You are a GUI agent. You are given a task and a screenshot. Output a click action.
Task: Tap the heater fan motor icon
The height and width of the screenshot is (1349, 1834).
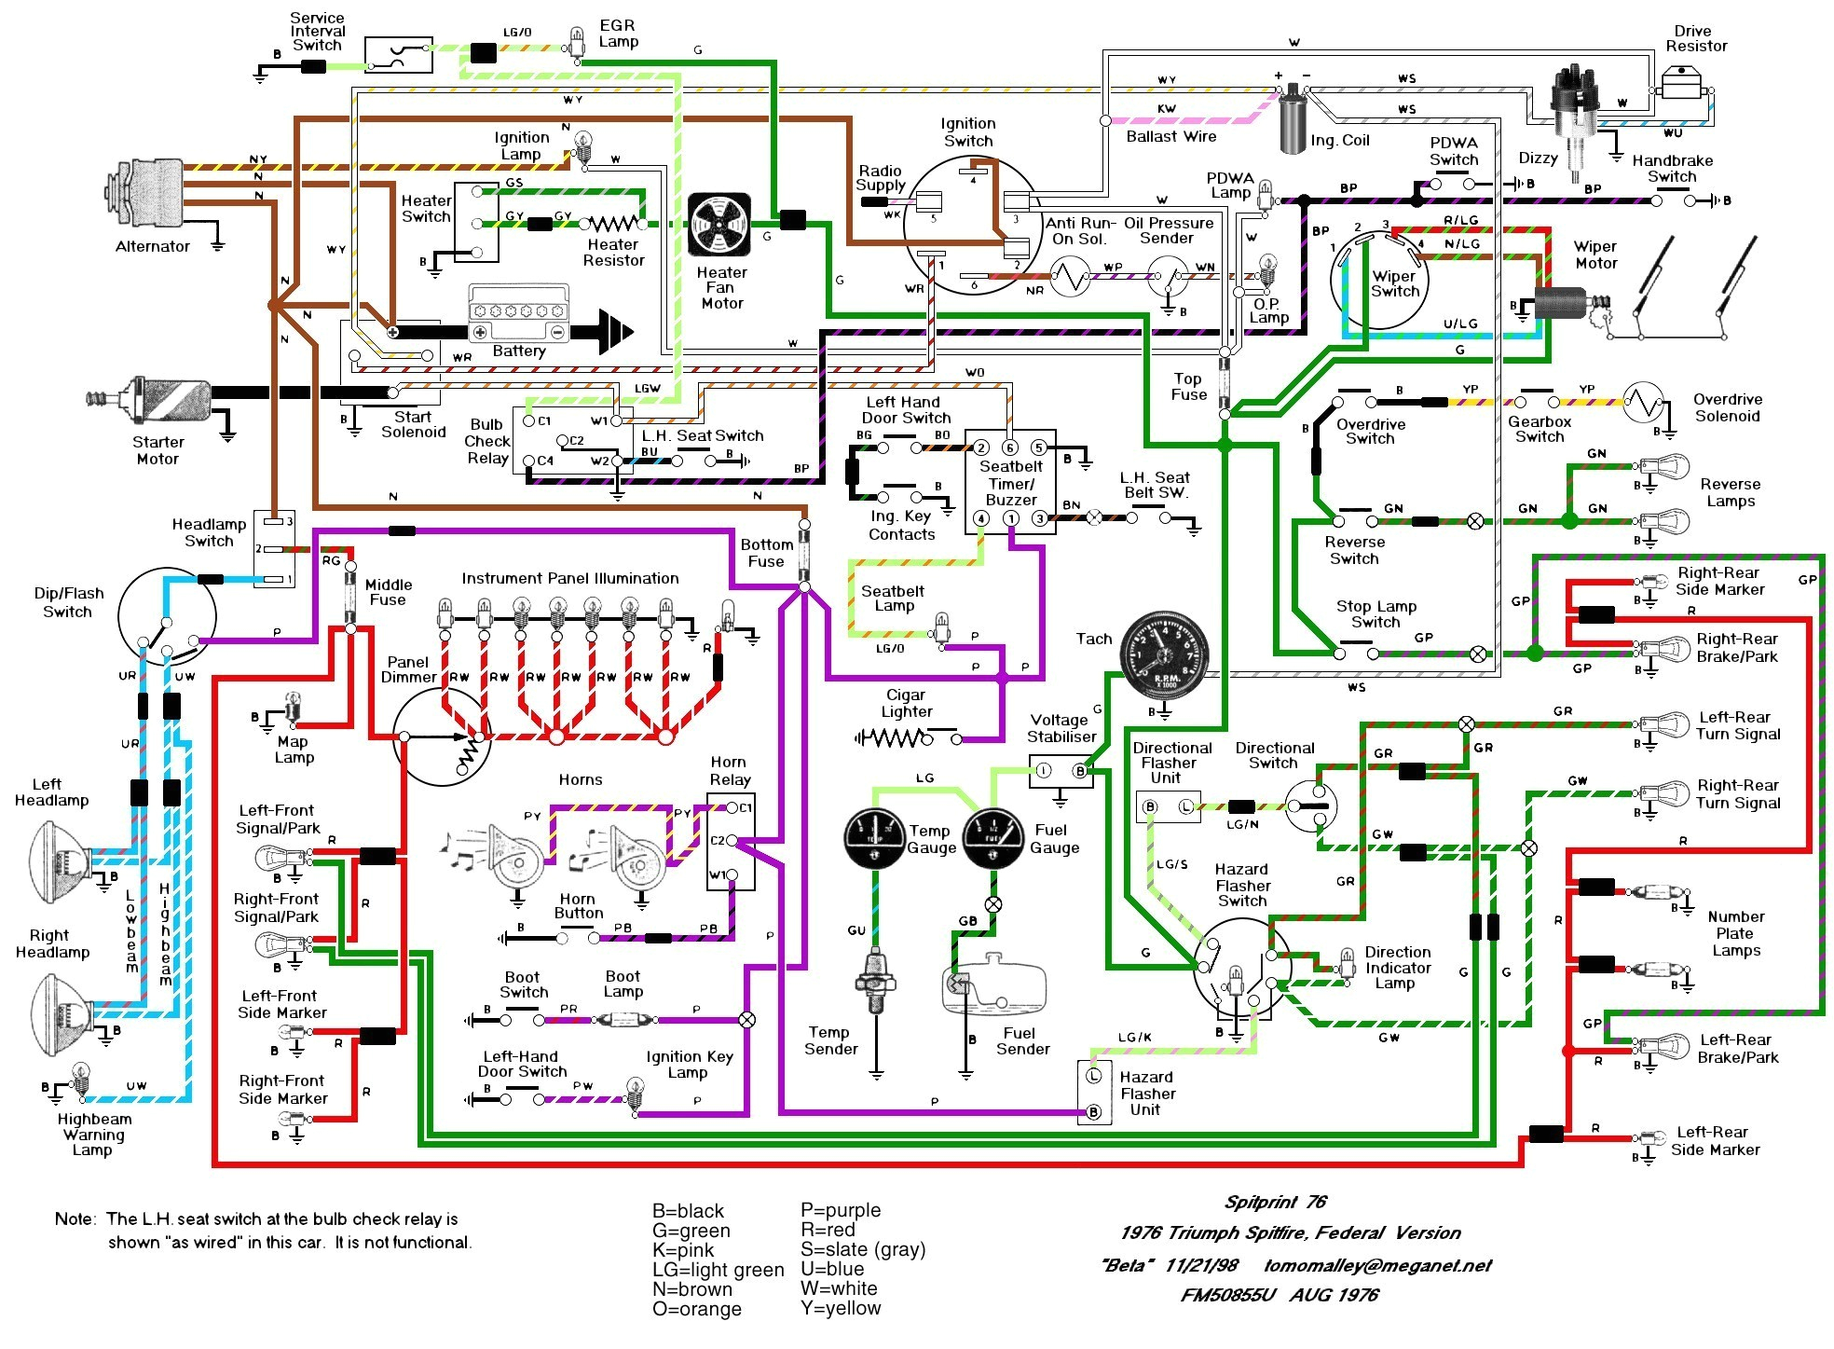coord(719,225)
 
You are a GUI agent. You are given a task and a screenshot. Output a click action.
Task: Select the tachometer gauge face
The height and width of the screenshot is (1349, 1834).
coord(1164,656)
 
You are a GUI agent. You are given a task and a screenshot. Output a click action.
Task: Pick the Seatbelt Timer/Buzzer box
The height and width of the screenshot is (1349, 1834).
coord(1010,482)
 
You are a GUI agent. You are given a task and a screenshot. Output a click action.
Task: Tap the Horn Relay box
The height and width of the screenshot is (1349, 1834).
coord(731,842)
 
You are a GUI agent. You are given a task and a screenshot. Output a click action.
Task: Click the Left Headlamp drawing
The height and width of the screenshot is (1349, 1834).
coord(60,862)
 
